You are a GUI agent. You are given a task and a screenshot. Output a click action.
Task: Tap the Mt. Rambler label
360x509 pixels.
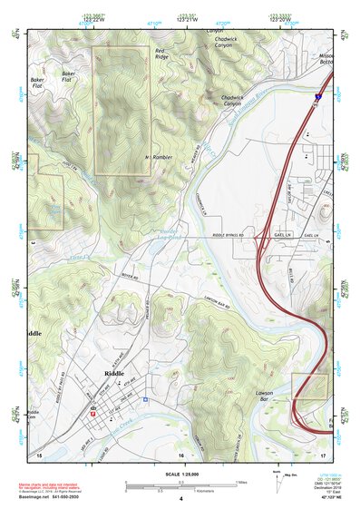coord(159,157)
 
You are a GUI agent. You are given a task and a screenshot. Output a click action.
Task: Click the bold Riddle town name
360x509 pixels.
coord(114,373)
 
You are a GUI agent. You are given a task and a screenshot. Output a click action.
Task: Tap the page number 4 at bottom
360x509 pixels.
coord(181,498)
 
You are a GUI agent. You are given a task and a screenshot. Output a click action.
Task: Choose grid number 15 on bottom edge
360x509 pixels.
coord(40,453)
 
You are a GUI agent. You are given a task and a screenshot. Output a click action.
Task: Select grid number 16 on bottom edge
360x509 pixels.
coord(181,453)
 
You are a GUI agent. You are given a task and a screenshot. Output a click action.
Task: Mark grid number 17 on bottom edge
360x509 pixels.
coord(323,453)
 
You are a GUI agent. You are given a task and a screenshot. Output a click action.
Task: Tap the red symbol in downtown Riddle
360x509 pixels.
coord(93,409)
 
